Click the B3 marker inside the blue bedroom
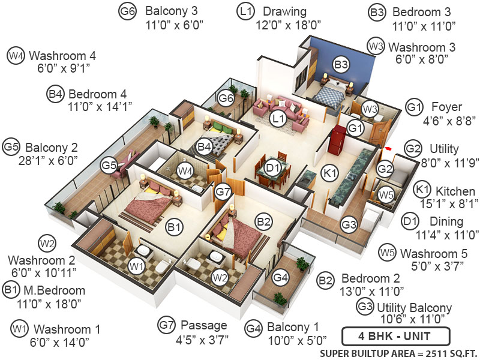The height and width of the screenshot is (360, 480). point(341,64)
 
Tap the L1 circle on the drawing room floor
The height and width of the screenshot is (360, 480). point(277,118)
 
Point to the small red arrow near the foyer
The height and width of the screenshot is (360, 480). point(389,147)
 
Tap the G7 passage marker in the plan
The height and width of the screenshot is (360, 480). point(223,192)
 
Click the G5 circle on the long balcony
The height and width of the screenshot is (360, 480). point(109,164)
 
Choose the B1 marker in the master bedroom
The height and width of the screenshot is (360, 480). point(175,227)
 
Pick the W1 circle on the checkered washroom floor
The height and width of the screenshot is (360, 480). point(137,265)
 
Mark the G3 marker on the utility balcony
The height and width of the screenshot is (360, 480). point(350,225)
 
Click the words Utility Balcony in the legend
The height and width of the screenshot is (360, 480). point(414,307)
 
